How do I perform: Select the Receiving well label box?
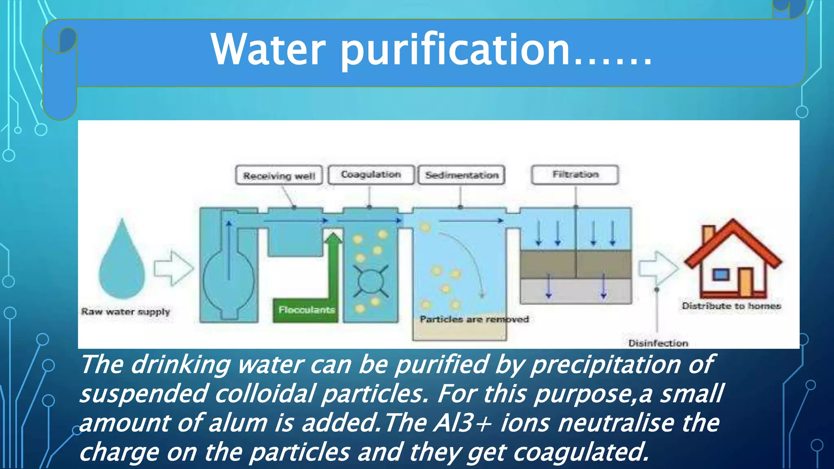click(x=279, y=175)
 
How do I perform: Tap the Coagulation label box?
click(x=371, y=175)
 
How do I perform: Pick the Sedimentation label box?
click(x=462, y=175)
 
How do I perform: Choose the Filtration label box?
click(x=575, y=175)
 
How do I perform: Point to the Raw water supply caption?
click(x=125, y=312)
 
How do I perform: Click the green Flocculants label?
click(x=306, y=310)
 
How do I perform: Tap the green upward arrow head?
click(x=334, y=238)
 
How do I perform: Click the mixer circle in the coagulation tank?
click(x=370, y=281)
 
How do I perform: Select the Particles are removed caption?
click(x=474, y=319)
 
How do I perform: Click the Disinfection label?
click(x=658, y=343)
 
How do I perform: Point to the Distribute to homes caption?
click(x=731, y=306)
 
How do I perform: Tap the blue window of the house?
click(x=720, y=274)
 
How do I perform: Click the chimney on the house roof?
click(x=709, y=234)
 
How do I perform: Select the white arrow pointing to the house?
click(x=657, y=268)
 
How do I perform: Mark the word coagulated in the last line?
click(x=580, y=452)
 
